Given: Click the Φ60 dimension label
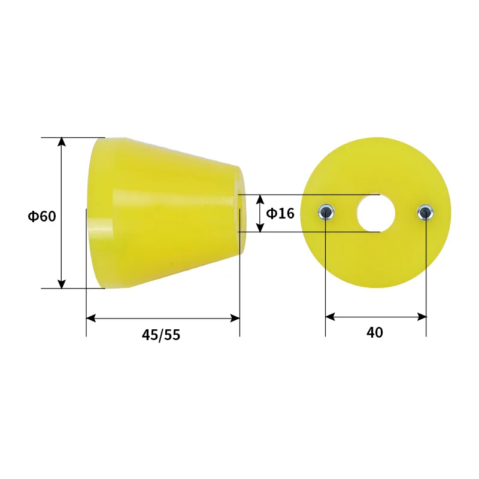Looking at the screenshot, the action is [x=41, y=216].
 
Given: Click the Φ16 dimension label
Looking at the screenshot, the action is [x=280, y=213].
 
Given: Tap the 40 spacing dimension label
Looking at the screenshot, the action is [x=375, y=332].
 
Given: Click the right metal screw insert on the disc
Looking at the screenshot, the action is [x=426, y=211].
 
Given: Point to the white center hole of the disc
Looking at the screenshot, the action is [x=376, y=213].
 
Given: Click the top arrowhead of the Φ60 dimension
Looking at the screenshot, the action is [x=61, y=141].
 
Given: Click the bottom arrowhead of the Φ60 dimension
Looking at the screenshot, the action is [x=61, y=284].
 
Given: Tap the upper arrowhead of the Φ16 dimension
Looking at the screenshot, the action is [x=260, y=198].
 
